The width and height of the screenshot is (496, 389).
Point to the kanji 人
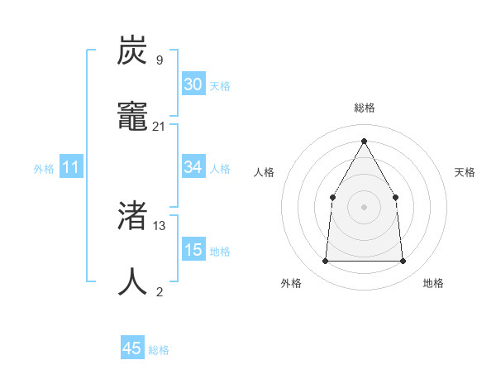[x=133, y=281]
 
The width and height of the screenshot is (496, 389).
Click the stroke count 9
[x=159, y=60]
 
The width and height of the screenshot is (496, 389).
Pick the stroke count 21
[x=159, y=127]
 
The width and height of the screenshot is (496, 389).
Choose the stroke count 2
[x=159, y=291]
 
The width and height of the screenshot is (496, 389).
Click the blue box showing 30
[x=193, y=84]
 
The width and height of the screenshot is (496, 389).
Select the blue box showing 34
[x=193, y=167]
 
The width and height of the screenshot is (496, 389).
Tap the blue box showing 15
[x=193, y=250]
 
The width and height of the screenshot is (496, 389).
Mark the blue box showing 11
[x=71, y=167]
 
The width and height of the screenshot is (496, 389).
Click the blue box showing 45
[x=132, y=348]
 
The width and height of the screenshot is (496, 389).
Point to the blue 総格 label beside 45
[x=159, y=350]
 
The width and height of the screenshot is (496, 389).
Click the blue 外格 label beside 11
[x=44, y=169]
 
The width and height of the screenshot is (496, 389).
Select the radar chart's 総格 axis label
[x=364, y=108]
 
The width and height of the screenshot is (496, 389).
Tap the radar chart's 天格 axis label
[x=465, y=172]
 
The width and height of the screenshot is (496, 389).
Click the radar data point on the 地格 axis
[x=403, y=262]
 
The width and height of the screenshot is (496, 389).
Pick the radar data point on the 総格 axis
[x=364, y=141]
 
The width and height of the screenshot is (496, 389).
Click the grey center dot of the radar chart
[x=364, y=207]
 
